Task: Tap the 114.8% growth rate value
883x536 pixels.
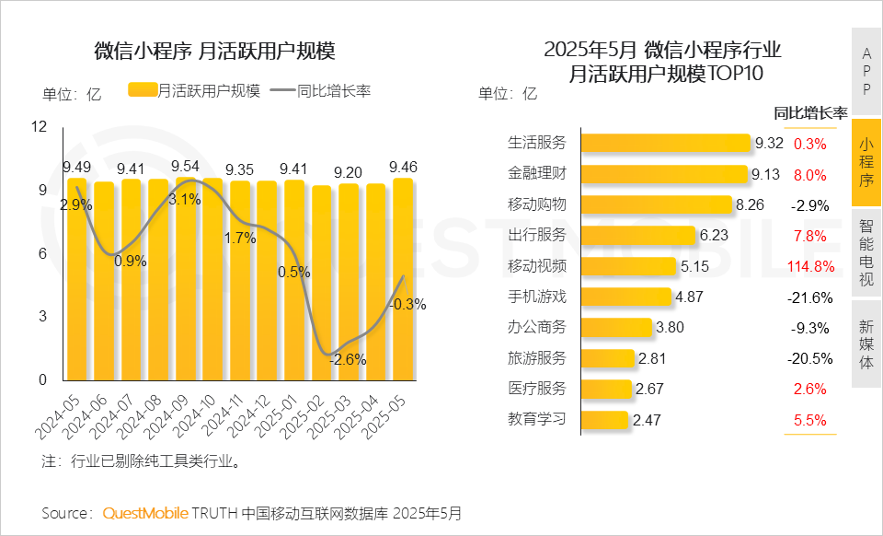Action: [810, 267]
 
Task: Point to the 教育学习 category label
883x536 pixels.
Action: [537, 420]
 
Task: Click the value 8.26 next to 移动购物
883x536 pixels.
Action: [750, 204]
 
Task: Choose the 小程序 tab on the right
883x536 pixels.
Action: [866, 162]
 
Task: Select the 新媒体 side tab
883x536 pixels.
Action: [866, 343]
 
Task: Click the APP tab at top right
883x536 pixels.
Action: [866, 71]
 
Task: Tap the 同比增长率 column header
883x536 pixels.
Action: [810, 113]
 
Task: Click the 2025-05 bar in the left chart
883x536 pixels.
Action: [403, 280]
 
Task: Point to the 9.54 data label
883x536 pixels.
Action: [186, 166]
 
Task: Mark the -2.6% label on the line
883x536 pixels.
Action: [348, 359]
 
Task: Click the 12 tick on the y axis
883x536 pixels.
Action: [39, 127]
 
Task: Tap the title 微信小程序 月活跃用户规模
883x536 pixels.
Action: [213, 51]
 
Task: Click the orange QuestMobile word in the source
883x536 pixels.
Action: [145, 512]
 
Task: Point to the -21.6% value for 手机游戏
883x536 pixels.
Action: [810, 297]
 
